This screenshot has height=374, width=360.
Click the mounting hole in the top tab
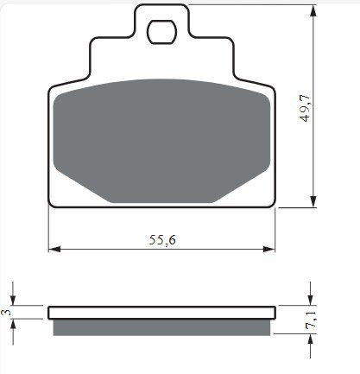161,32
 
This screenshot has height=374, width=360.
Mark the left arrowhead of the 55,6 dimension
53,250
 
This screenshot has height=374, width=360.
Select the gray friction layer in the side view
161,327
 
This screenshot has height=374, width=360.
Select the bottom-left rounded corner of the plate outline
52,204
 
